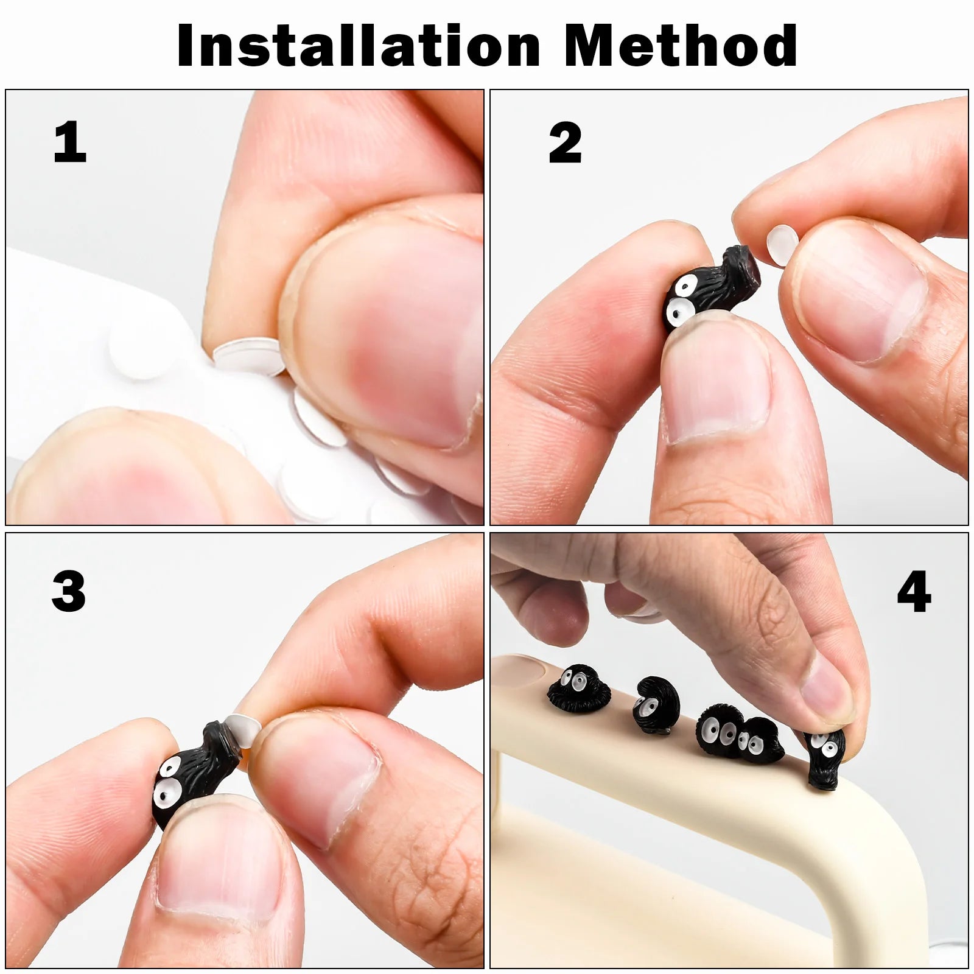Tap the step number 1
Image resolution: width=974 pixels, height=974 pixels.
[69, 142]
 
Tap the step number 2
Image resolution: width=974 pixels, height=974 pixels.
[564, 142]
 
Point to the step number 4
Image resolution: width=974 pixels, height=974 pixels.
[913, 592]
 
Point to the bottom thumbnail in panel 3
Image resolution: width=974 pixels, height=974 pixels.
[219, 864]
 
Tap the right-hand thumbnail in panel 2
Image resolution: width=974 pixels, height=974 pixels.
[858, 292]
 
